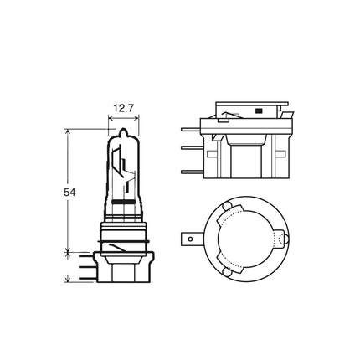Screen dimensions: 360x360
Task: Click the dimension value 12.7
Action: click(x=123, y=108)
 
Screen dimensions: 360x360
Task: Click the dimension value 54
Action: click(x=69, y=193)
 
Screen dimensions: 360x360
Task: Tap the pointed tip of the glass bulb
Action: click(x=123, y=129)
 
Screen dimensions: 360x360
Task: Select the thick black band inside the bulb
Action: click(x=123, y=202)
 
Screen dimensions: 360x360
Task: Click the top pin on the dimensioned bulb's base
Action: click(x=85, y=255)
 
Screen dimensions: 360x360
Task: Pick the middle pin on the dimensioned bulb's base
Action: click(x=86, y=267)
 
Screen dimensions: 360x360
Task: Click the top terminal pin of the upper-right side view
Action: click(x=191, y=129)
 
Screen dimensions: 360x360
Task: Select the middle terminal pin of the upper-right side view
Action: click(x=193, y=147)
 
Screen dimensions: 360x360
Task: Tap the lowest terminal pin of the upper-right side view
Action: click(x=193, y=172)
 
